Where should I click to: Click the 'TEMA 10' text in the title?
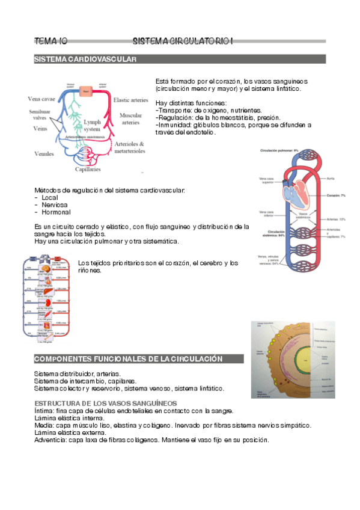50,41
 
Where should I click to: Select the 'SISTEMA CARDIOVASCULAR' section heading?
85,60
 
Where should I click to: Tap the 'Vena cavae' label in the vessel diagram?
41,99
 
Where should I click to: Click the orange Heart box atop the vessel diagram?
86,90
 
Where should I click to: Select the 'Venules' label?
44,154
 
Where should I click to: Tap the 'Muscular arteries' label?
130,118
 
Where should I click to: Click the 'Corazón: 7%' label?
335,196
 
